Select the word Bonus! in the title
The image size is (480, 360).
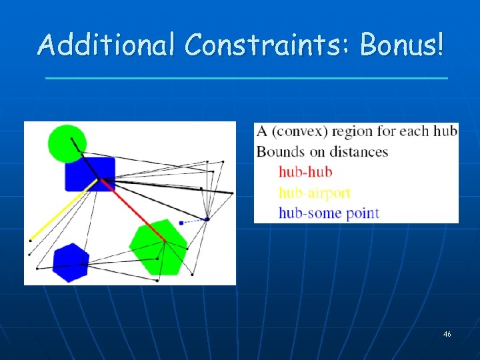(x=401, y=45)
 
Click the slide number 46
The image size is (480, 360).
(x=447, y=333)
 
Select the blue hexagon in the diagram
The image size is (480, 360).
(x=71, y=262)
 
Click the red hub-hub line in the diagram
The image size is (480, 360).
(x=133, y=209)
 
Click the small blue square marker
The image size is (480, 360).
(x=181, y=223)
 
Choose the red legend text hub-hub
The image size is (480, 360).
(x=305, y=172)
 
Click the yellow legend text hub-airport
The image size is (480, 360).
(x=314, y=193)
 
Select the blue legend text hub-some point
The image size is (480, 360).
(x=328, y=213)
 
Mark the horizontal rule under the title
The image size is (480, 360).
(x=246, y=79)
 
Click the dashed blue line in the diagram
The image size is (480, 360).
(x=194, y=221)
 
